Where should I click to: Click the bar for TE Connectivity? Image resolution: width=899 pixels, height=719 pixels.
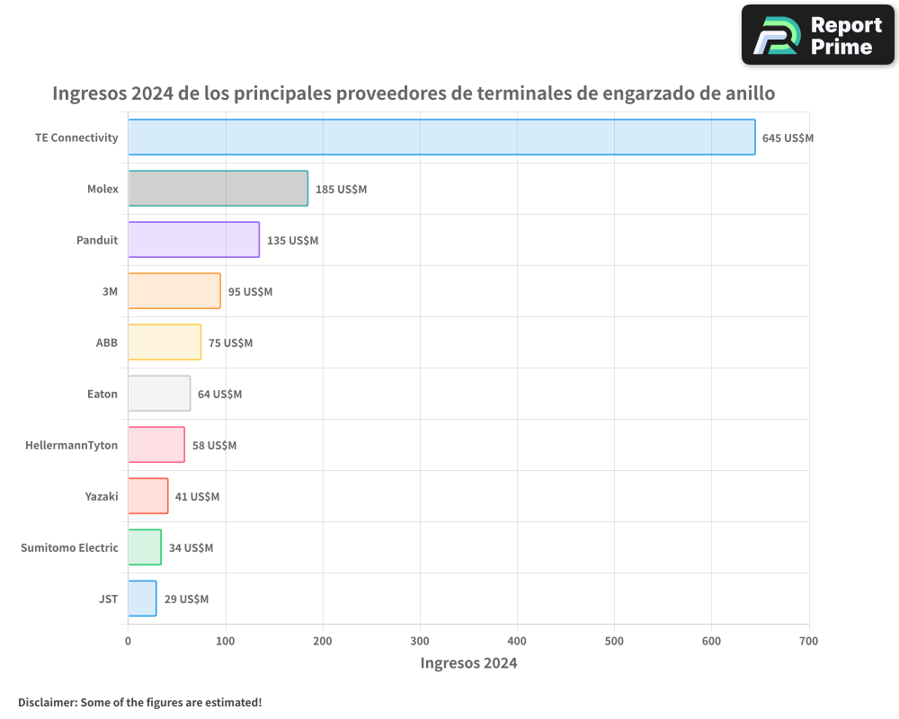click(441, 138)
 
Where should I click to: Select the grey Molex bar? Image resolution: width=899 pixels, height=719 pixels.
click(218, 189)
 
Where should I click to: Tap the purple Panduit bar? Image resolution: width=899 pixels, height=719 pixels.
click(193, 240)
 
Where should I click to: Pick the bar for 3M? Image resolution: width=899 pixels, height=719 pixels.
click(174, 291)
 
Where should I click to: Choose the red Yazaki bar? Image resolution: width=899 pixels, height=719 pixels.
click(147, 496)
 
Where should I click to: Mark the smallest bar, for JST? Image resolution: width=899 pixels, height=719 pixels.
click(142, 599)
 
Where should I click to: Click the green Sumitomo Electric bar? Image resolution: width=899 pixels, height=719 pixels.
click(144, 547)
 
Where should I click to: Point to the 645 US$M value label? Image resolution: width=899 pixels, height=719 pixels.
click(788, 138)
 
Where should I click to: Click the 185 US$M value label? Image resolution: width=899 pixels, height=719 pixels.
click(341, 190)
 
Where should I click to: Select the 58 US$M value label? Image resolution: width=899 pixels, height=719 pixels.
click(214, 446)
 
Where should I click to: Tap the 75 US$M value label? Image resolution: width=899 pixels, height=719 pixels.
click(230, 343)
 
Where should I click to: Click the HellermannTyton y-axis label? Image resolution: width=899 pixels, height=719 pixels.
click(71, 445)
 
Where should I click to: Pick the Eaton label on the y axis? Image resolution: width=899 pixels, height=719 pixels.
click(102, 394)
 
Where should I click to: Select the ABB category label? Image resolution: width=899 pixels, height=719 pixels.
click(106, 342)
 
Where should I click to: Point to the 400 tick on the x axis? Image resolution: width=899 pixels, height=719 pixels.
click(517, 641)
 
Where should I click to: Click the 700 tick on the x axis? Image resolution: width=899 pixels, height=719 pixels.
click(808, 641)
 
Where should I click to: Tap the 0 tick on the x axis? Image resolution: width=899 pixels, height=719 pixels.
click(128, 641)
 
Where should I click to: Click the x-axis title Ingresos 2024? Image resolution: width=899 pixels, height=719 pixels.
click(468, 663)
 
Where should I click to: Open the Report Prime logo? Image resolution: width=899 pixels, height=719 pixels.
click(817, 35)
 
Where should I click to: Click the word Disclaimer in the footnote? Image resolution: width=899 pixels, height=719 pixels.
click(46, 702)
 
